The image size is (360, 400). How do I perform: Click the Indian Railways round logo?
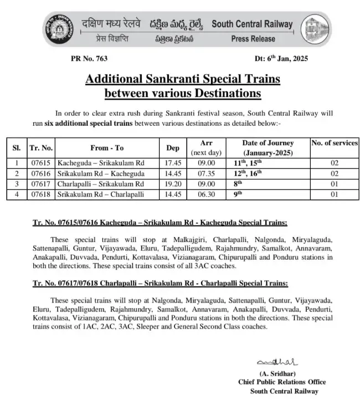point(61,30)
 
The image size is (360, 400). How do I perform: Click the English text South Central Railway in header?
point(252,24)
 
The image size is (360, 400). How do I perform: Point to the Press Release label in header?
point(253,39)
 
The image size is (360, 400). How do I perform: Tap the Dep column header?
point(173,148)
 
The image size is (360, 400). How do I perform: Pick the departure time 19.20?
point(173,184)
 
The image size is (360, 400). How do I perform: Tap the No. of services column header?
point(335,143)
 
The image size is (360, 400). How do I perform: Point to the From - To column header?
point(107,148)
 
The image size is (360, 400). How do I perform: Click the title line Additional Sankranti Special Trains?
point(182,79)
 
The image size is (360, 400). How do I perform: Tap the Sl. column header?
point(16,148)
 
